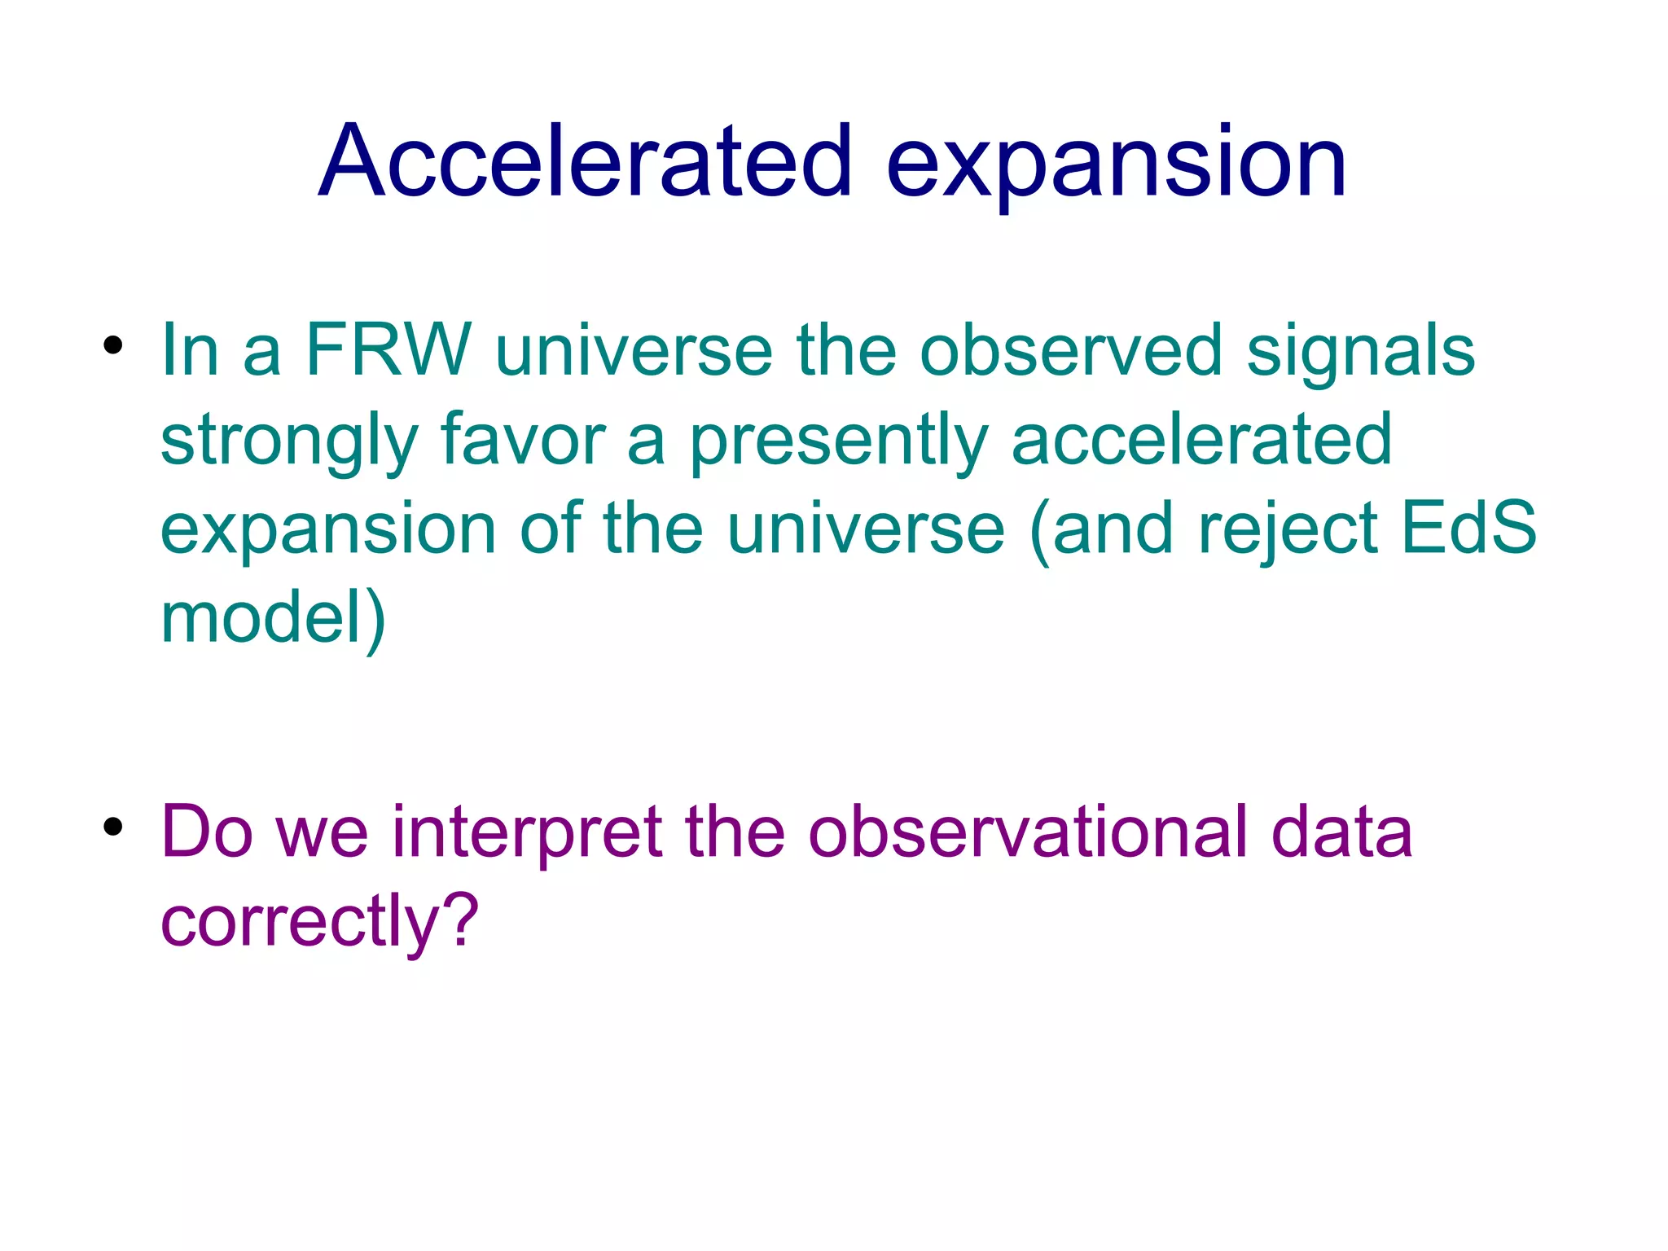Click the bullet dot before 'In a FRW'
(113, 345)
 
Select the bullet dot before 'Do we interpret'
(113, 827)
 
